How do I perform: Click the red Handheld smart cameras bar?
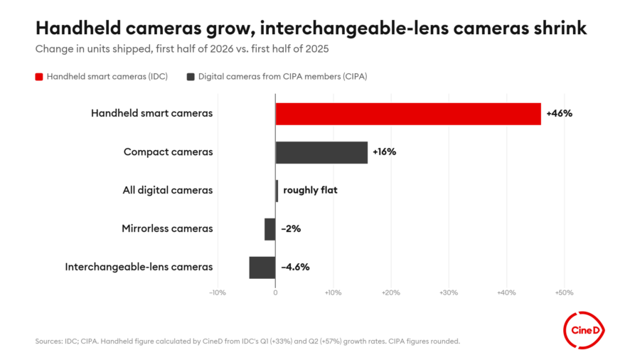(x=408, y=114)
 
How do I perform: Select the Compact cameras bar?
(x=321, y=153)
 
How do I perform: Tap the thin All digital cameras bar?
(x=277, y=191)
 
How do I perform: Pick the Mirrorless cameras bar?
(x=270, y=229)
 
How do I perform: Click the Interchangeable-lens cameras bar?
(x=262, y=268)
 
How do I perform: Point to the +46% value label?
(x=559, y=113)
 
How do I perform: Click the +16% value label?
(x=384, y=152)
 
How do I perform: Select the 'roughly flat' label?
(x=310, y=190)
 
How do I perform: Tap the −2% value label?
(x=291, y=228)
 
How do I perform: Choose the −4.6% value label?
(x=295, y=267)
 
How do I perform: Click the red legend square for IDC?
(x=39, y=77)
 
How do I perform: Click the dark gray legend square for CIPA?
(x=191, y=77)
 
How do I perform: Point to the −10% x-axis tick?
(x=218, y=292)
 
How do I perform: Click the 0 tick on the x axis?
(x=275, y=292)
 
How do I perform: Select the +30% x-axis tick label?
(x=449, y=292)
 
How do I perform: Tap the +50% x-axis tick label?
(x=564, y=292)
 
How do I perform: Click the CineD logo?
(x=584, y=330)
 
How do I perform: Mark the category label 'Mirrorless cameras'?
(x=167, y=228)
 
